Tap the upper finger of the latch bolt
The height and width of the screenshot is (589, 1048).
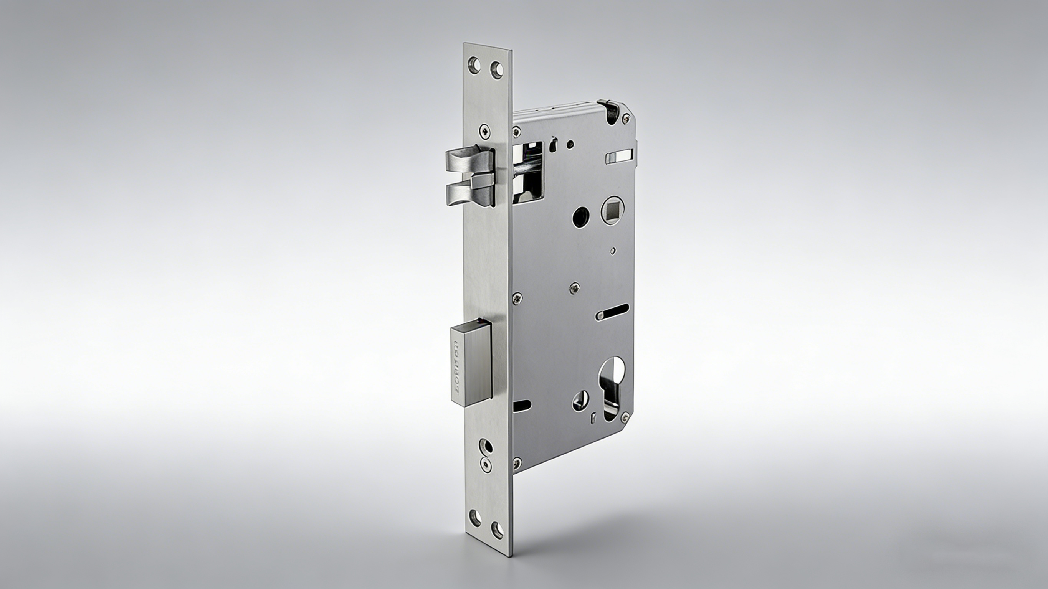pos(468,160)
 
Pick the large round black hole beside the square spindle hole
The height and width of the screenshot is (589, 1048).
pos(581,217)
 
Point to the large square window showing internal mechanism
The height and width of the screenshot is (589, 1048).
pos(528,171)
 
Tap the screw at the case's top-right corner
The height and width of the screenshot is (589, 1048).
pos(626,118)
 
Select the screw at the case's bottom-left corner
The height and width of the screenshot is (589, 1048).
pos(517,461)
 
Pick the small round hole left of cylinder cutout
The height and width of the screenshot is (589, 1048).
pos(581,400)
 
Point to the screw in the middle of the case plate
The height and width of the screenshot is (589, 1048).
pos(574,287)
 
